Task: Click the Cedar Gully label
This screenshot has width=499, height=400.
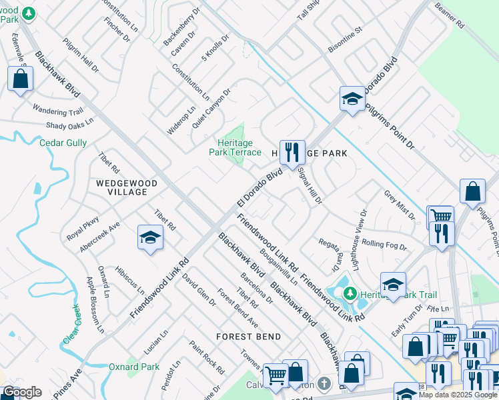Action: pyautogui.click(x=63, y=143)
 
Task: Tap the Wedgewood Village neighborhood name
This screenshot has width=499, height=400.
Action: pyautogui.click(x=126, y=187)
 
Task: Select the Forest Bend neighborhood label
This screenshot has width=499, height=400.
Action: pyautogui.click(x=248, y=337)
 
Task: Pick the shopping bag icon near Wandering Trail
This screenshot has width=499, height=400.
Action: pyautogui.click(x=21, y=79)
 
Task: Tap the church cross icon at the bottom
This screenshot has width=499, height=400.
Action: pyautogui.click(x=324, y=383)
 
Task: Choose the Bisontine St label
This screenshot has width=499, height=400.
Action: pyautogui.click(x=344, y=40)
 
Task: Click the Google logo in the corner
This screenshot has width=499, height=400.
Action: pyautogui.click(x=21, y=392)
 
